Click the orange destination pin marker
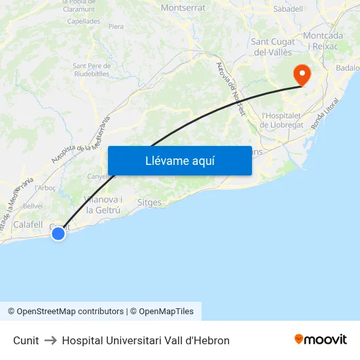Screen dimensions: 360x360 coord(302,74)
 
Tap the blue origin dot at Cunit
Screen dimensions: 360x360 coord(58,233)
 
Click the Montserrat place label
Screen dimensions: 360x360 coord(183,8)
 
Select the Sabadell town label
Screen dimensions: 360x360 coord(288,9)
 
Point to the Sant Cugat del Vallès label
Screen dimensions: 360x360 coord(273,47)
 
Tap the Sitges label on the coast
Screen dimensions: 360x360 coord(149,202)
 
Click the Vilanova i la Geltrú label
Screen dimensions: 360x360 coord(101,205)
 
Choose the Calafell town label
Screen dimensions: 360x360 coord(28,224)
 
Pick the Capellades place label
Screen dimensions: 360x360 coord(84,21)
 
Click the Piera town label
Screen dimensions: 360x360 coord(116,27)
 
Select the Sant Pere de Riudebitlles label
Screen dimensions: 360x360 coord(91,69)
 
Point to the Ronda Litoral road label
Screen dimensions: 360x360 coord(325,113)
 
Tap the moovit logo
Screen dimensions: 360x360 coord(321,339)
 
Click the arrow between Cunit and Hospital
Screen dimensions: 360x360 coord(50,340)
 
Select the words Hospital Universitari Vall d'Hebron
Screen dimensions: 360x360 coord(145,340)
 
